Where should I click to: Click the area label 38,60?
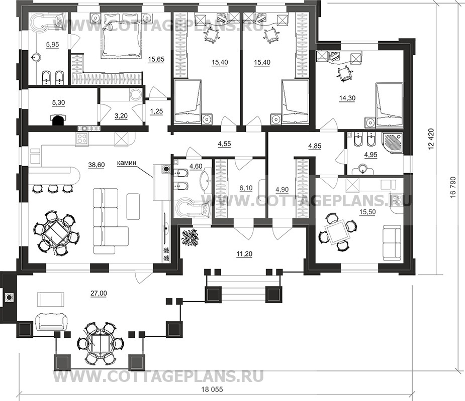click(97, 165)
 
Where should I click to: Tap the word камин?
click(127, 163)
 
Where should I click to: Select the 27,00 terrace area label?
click(99, 293)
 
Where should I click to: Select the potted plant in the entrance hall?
click(191, 237)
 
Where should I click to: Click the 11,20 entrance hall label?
click(244, 254)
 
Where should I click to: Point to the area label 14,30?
click(347, 98)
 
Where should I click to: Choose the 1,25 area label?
click(157, 111)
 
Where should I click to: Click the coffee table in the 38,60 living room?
click(133, 206)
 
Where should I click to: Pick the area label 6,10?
click(246, 188)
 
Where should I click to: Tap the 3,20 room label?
click(121, 115)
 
